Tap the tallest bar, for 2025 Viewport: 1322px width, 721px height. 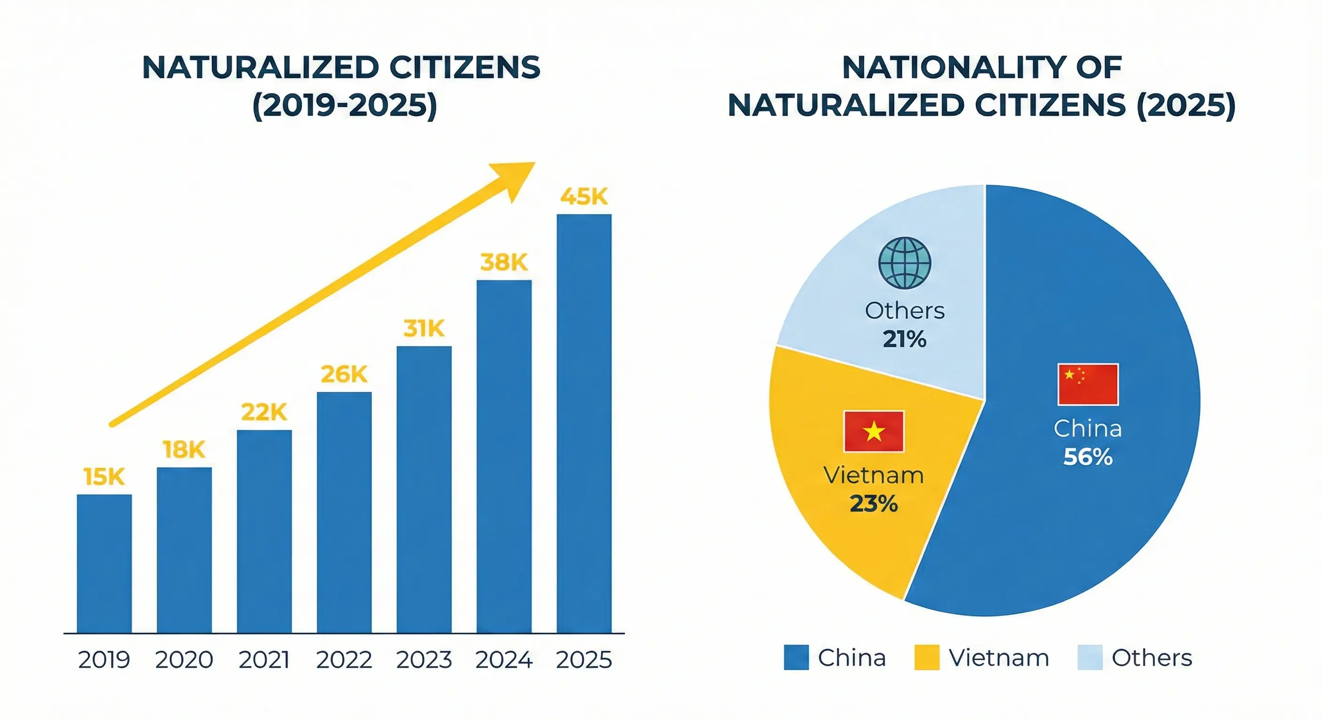point(584,423)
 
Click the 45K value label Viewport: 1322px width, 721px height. point(584,197)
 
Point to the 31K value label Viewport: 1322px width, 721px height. point(424,329)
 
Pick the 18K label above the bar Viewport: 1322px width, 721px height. point(184,450)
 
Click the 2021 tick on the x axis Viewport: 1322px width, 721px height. point(264,660)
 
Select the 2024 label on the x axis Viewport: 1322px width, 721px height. point(503,660)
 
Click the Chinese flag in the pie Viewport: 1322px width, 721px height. point(1088,384)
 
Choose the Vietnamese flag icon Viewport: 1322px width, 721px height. point(874,431)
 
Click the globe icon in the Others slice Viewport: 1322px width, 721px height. point(904,262)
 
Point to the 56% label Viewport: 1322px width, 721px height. point(1088,457)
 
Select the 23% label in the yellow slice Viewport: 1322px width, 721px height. point(874,504)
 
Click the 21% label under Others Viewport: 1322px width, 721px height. point(904,339)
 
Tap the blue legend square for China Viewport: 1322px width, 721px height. point(796,657)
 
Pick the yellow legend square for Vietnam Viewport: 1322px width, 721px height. point(927,657)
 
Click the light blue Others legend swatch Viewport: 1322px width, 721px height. point(1090,657)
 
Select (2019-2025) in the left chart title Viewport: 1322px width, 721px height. point(345,105)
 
